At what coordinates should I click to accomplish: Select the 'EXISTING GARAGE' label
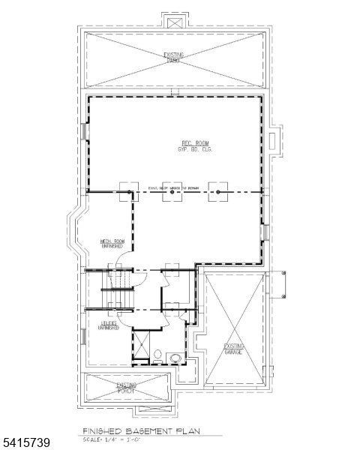coord(233,349)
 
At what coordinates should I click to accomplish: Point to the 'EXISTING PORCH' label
coord(126,388)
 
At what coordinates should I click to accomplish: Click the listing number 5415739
coord(26,443)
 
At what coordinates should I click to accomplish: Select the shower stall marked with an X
coord(140,347)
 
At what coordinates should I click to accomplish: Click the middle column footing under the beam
coord(172,192)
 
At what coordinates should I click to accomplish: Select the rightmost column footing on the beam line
coord(217,192)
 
